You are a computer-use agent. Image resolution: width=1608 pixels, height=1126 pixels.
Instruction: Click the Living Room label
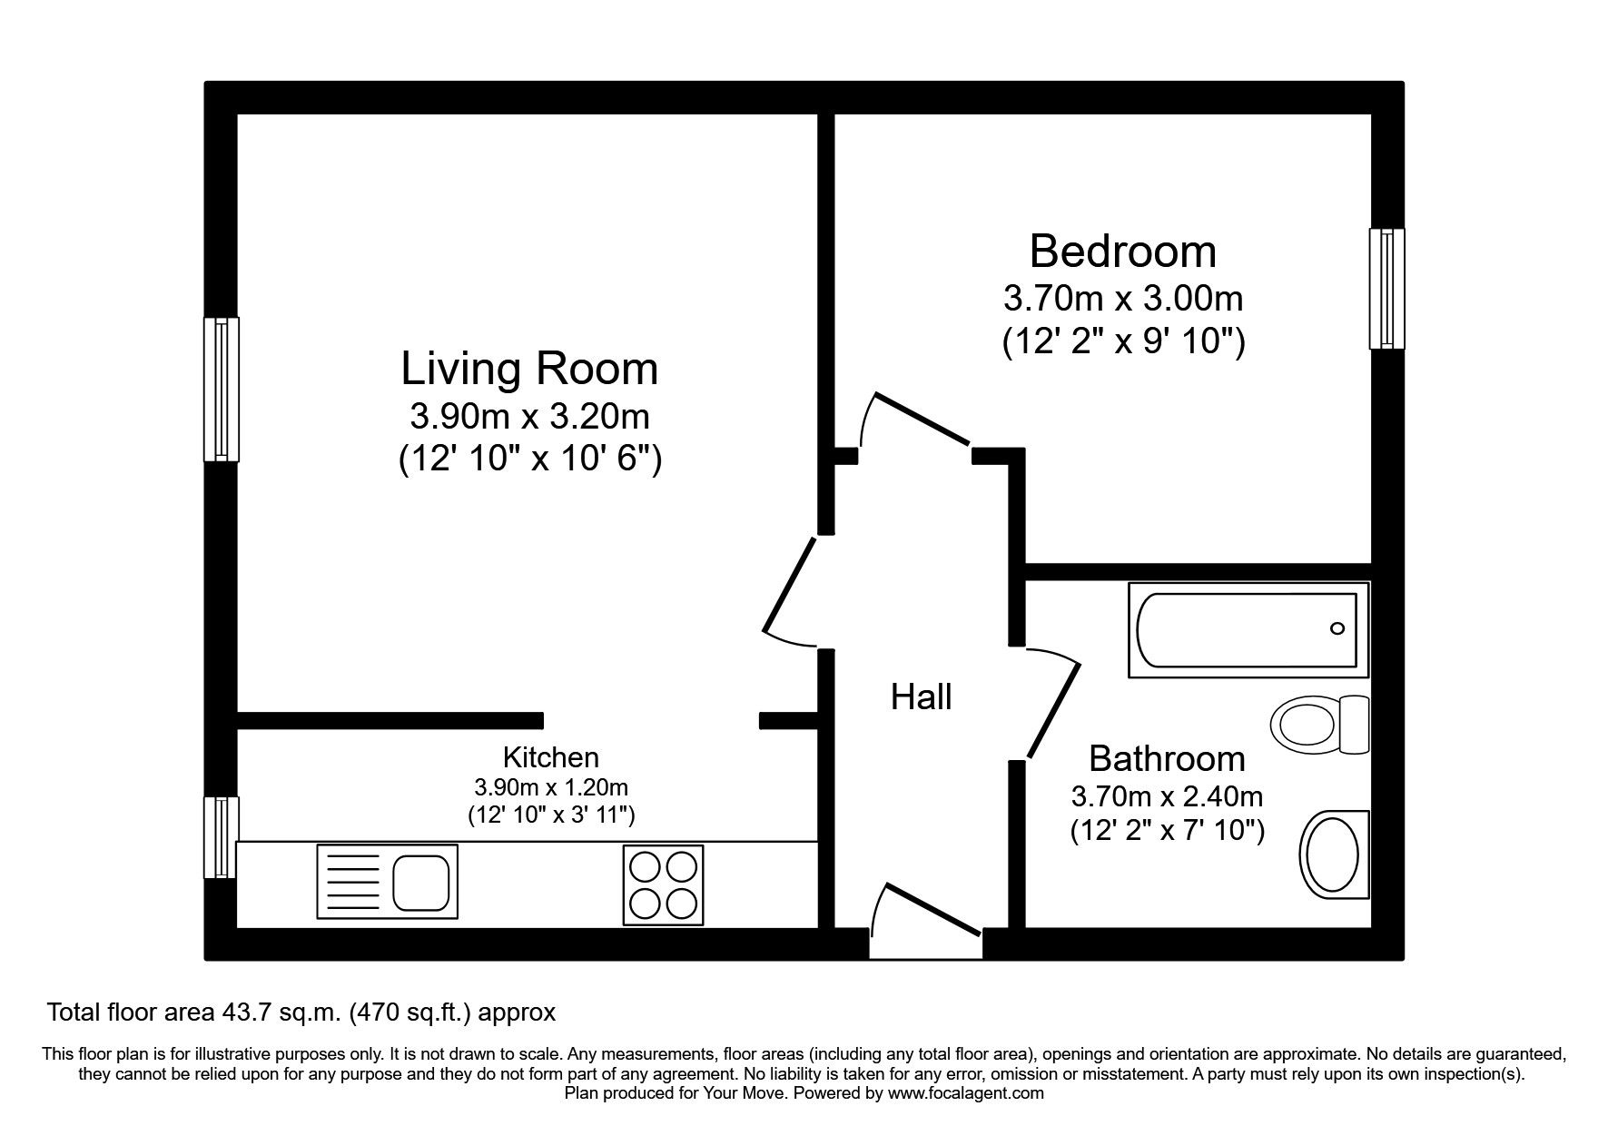(x=529, y=369)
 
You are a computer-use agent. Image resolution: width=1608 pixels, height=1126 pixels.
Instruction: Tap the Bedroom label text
(x=1122, y=251)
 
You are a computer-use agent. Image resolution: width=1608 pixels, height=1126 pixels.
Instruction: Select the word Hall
(x=921, y=697)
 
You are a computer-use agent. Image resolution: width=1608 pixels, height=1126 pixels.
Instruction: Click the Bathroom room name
(x=1167, y=758)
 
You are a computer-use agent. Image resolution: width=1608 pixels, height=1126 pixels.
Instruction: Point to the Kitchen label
(x=550, y=756)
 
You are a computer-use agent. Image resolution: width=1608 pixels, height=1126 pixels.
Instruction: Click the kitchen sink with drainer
(x=387, y=881)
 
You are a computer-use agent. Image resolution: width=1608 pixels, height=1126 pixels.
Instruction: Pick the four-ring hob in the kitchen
(x=663, y=885)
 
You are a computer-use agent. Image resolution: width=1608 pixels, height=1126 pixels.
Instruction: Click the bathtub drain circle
(x=1337, y=628)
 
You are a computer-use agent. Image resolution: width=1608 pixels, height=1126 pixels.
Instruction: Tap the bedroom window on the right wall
(x=1386, y=289)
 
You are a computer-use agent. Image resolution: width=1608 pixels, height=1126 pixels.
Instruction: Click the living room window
(x=221, y=389)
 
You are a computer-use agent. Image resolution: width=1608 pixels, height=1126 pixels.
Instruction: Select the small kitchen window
(x=220, y=837)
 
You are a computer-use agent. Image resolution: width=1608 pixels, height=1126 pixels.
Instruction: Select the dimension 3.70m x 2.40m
(x=1167, y=797)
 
